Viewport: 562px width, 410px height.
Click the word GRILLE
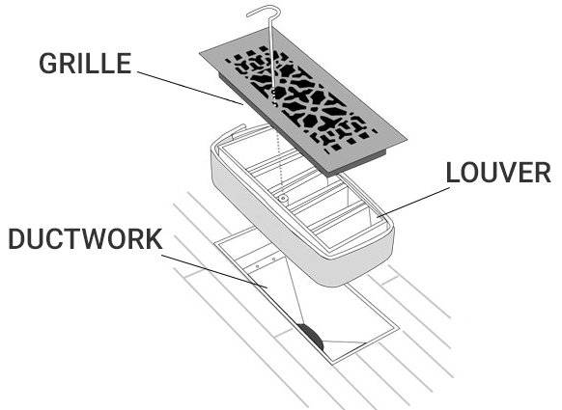pos(85,64)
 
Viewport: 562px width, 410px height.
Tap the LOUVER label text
pos(498,173)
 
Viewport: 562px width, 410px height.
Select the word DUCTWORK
pos(85,239)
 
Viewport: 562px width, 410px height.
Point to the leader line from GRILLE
pos(190,88)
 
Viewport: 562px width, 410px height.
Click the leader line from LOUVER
pos(414,203)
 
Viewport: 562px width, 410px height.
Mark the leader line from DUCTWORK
pos(214,271)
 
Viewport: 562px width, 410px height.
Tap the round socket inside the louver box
pos(283,198)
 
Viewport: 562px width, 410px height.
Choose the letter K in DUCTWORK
pos(154,239)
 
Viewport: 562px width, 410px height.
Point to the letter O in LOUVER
pos(470,173)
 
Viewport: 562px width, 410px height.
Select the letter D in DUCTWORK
pos(16,239)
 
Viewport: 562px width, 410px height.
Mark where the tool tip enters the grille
pos(274,91)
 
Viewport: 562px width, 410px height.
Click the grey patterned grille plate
pos(303,101)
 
